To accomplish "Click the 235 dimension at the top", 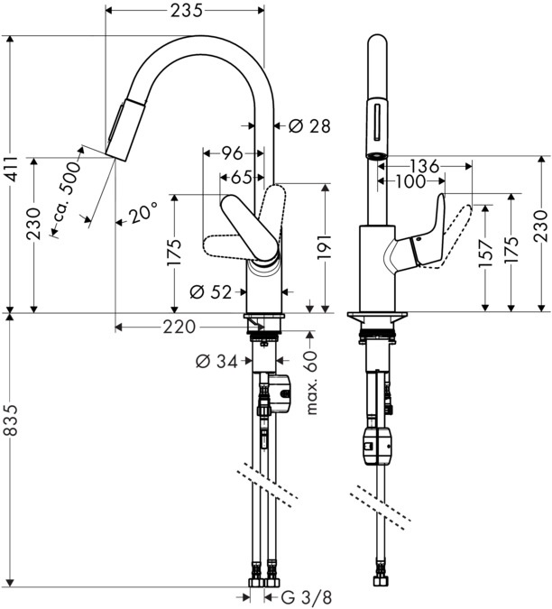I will point(185,11).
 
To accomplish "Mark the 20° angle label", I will point(143,214).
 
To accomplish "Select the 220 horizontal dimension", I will point(181,327).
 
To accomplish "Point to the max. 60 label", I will point(312,384).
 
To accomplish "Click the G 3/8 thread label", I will point(299,596).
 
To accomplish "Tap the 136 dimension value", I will point(424,166).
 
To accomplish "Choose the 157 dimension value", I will point(487,256).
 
